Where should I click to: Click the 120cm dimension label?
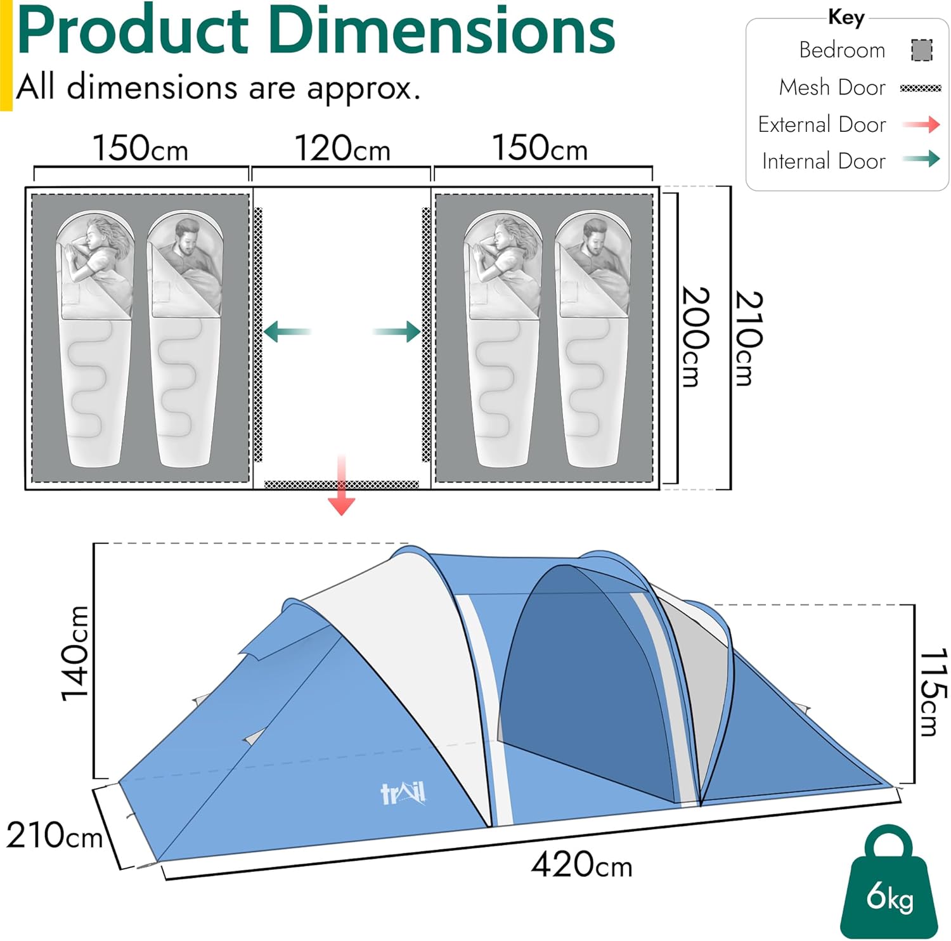(342, 148)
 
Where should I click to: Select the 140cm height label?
(75, 653)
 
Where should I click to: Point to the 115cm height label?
(932, 692)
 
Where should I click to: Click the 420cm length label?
(581, 864)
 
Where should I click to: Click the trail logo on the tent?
(403, 793)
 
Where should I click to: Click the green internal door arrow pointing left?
(287, 332)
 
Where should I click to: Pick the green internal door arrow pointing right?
(397, 332)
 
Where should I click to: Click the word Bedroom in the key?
(841, 50)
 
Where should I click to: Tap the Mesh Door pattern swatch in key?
(921, 88)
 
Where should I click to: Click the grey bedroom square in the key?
(922, 50)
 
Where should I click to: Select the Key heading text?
(846, 17)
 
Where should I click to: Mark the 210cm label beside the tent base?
(54, 835)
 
